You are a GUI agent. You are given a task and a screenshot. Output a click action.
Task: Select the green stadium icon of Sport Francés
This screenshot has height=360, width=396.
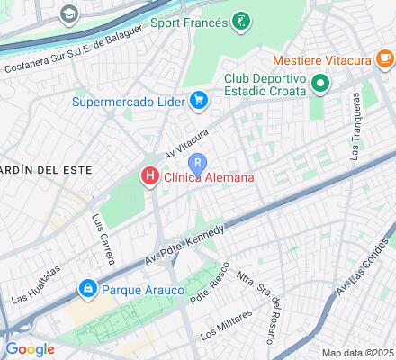pyautogui.click(x=240, y=20)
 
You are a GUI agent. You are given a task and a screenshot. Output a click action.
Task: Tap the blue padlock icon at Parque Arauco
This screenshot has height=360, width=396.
pyautogui.click(x=87, y=290)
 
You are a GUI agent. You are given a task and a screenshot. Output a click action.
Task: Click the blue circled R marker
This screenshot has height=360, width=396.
pyautogui.click(x=198, y=162)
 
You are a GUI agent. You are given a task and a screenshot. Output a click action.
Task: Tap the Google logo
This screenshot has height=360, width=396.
pyautogui.click(x=29, y=348)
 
